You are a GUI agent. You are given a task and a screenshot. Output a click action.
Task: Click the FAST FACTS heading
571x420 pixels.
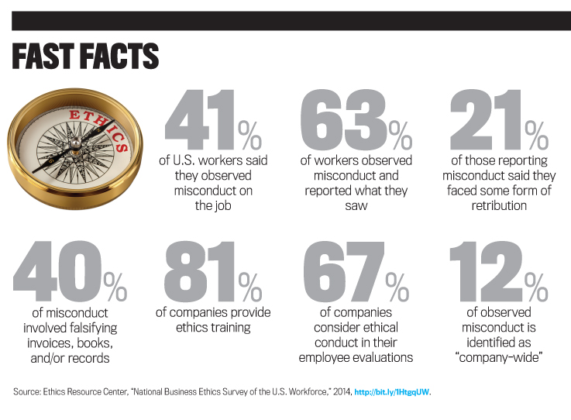pos(85,57)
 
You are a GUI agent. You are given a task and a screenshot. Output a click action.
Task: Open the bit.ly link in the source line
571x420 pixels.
pos(391,392)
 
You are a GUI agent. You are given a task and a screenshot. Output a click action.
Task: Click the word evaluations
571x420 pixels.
pos(380,357)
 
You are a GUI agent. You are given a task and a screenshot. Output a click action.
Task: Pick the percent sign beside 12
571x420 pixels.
pos(536,287)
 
